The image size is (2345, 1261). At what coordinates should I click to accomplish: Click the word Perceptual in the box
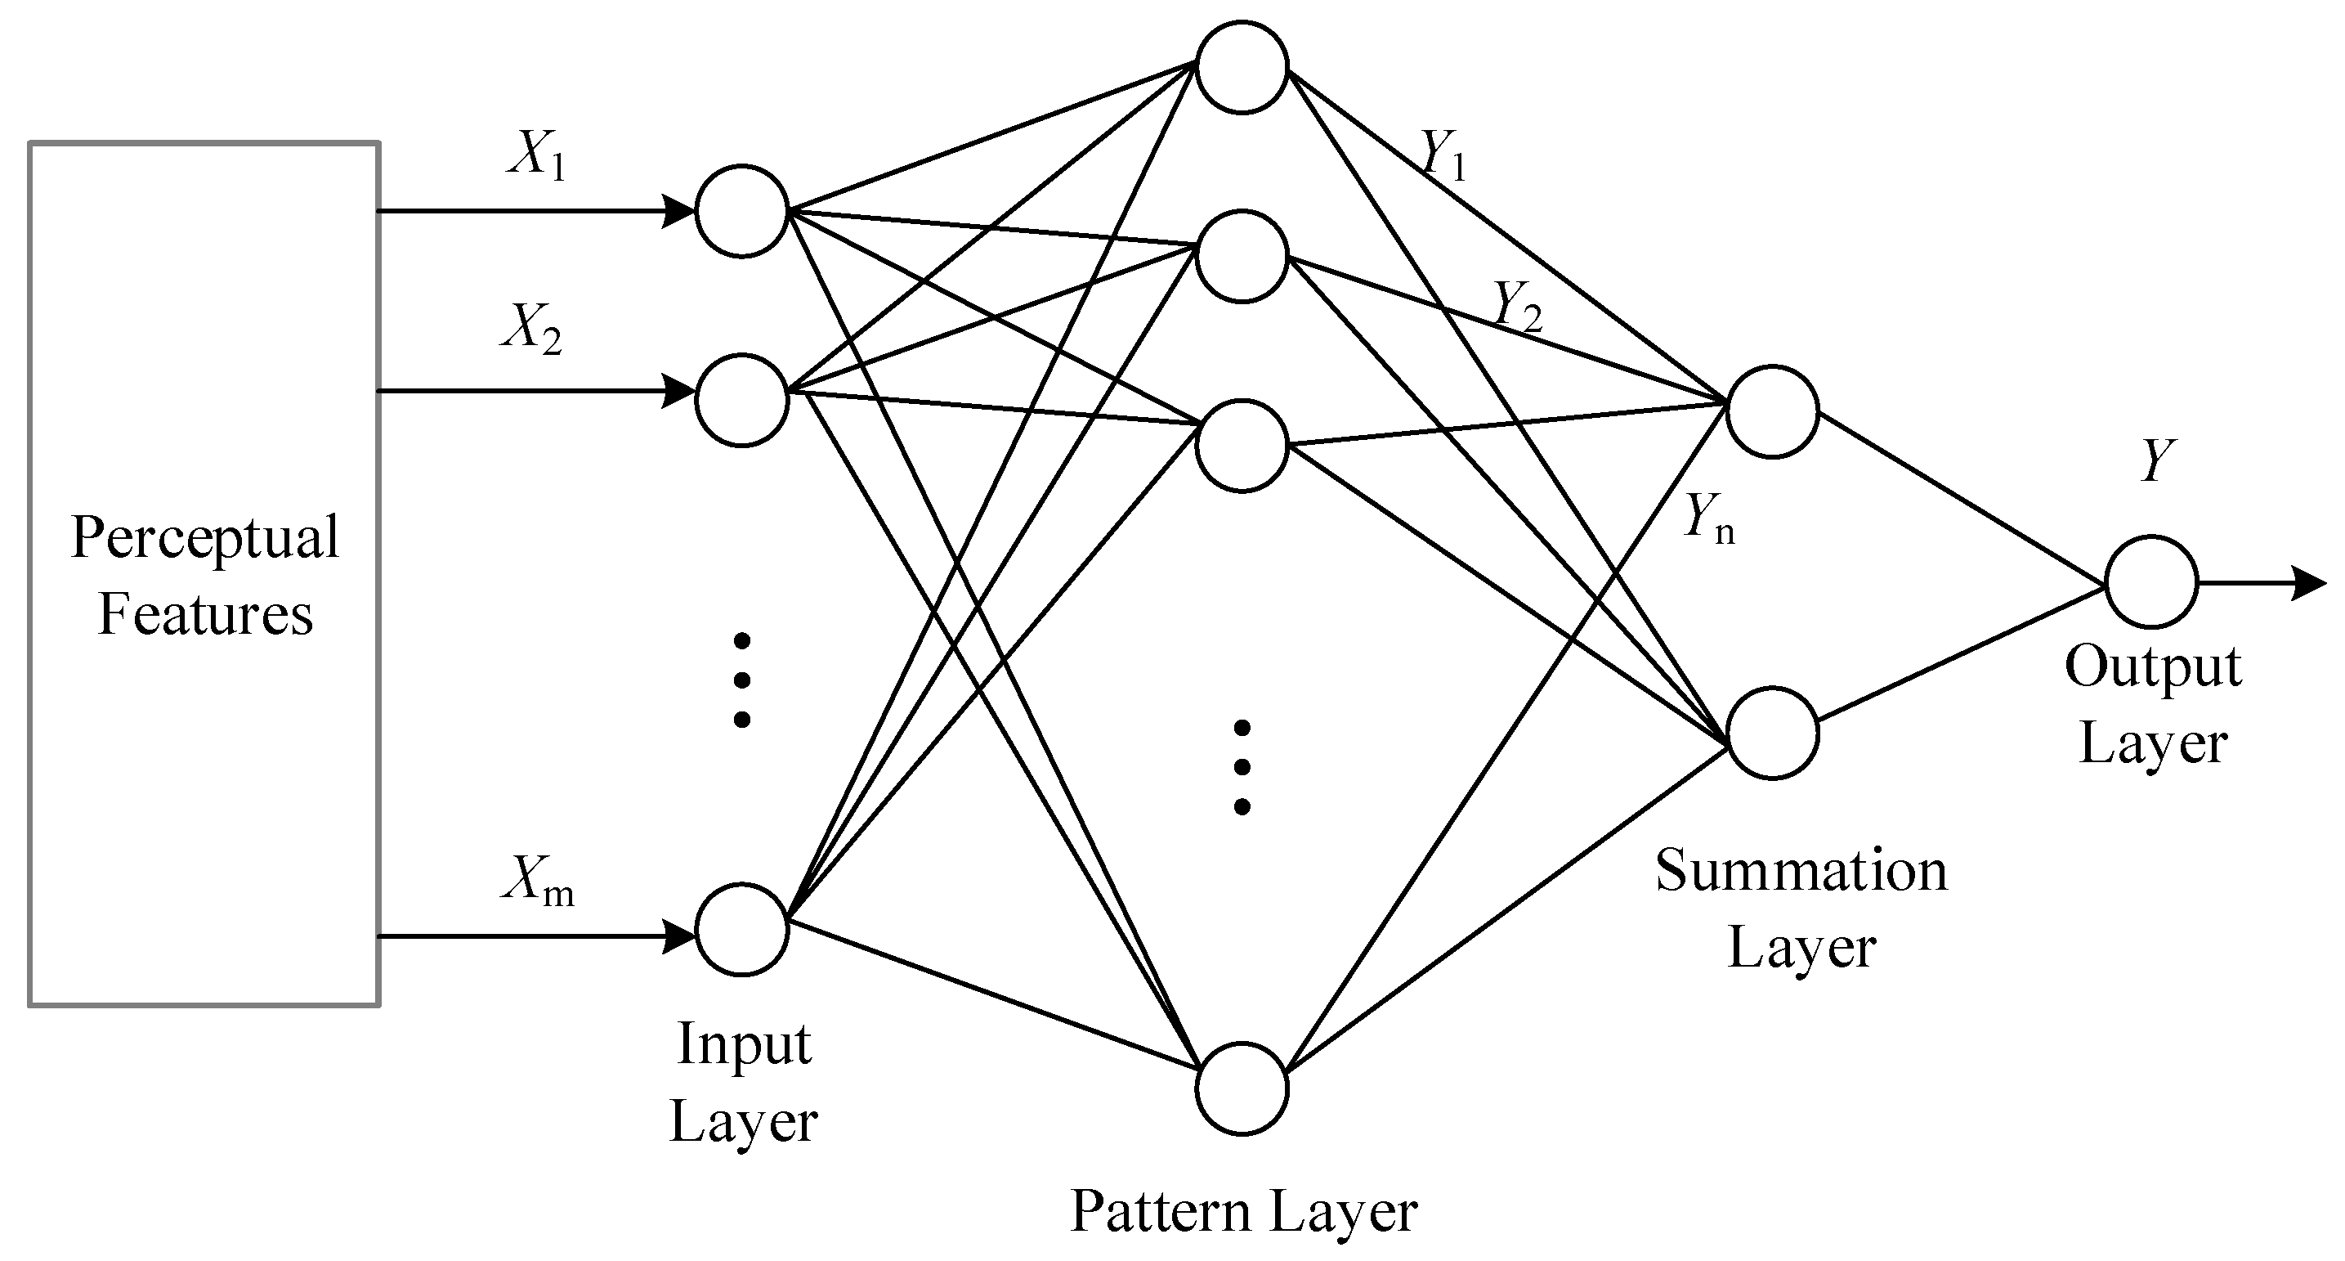(x=205, y=539)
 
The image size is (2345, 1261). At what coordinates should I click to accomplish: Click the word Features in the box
(x=205, y=615)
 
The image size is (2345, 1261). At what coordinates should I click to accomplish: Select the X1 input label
(x=537, y=155)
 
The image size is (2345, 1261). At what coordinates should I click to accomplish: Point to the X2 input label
(x=531, y=329)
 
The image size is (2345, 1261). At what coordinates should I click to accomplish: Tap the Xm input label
(x=537, y=882)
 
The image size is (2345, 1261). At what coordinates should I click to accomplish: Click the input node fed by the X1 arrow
(x=742, y=211)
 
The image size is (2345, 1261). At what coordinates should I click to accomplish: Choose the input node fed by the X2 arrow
(x=742, y=400)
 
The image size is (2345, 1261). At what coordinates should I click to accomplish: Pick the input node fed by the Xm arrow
(x=742, y=930)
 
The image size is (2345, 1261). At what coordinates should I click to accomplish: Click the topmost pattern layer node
(x=1242, y=67)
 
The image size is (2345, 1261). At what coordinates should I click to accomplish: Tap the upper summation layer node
(x=1772, y=411)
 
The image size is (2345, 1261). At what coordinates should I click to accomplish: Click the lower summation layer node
(x=1772, y=733)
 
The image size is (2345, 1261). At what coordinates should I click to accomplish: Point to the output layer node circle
(x=2151, y=581)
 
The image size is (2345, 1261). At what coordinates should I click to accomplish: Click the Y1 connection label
(x=1443, y=155)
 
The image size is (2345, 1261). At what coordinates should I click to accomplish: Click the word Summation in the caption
(x=1801, y=871)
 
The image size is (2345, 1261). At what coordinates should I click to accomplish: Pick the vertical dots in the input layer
(x=742, y=680)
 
